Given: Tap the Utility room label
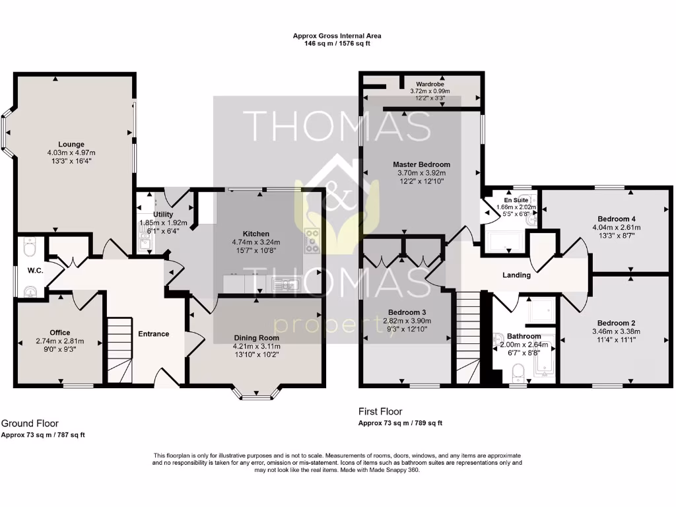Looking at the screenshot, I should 163,215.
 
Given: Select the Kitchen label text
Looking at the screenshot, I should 256,234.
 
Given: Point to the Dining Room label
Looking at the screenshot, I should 256,337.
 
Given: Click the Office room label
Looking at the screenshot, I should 59,332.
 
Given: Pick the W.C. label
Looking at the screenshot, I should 35,269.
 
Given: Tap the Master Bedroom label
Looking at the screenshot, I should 421,164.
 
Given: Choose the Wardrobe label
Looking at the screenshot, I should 429,84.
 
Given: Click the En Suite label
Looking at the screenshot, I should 516,199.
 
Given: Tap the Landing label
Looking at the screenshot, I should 516,275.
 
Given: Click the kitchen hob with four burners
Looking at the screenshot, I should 312,241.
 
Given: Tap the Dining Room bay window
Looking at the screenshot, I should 256,395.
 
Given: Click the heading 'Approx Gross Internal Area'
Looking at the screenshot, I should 337,36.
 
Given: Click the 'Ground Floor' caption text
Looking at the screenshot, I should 30,423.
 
